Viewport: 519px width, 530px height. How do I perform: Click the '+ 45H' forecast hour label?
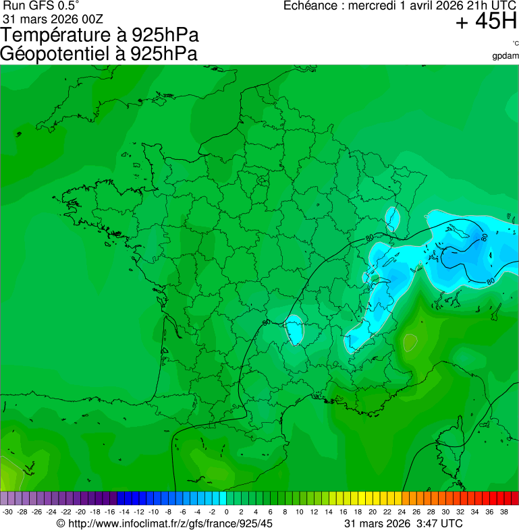click(486, 22)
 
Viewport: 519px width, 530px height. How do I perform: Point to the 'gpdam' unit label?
click(506, 55)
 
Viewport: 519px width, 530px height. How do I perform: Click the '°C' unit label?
click(515, 44)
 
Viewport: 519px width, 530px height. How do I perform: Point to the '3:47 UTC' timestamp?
click(439, 523)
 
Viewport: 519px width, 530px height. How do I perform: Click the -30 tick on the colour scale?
click(7, 512)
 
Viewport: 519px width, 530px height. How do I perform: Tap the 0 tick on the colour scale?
click(226, 512)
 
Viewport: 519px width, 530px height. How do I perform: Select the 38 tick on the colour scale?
click(503, 512)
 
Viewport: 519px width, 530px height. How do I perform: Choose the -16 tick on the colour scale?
click(109, 512)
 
